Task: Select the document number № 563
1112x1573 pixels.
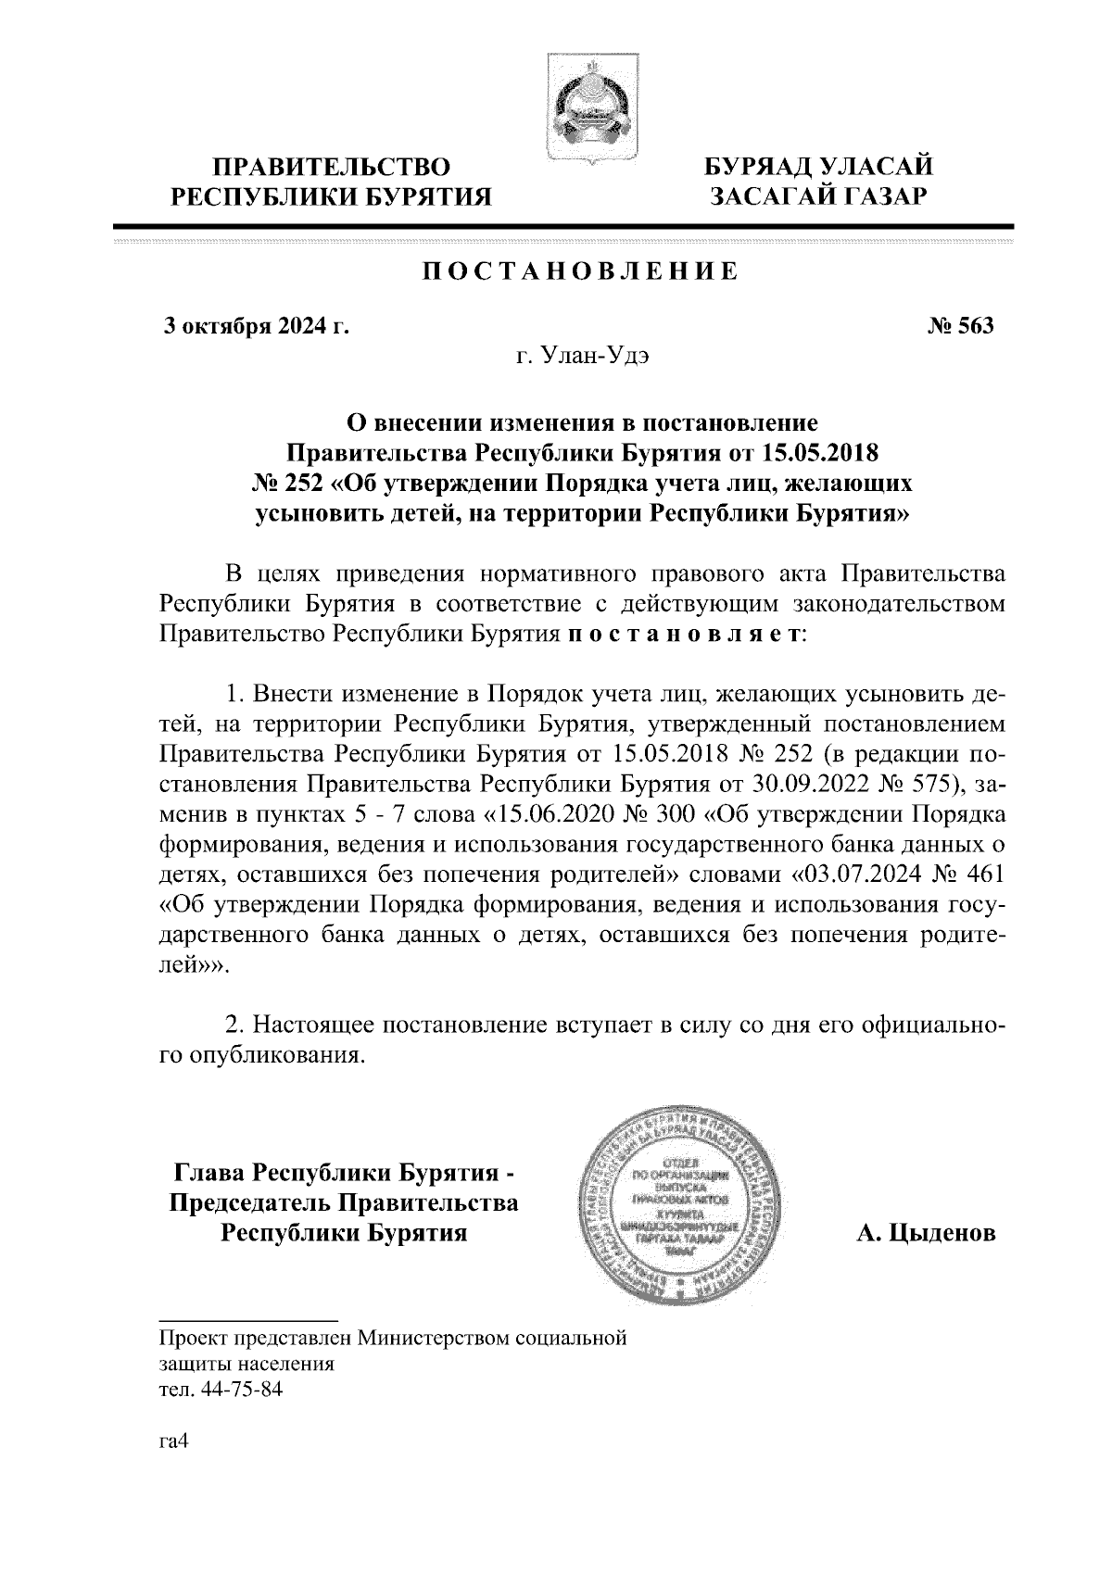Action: coord(960,326)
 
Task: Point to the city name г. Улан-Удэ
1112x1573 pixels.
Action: coord(582,357)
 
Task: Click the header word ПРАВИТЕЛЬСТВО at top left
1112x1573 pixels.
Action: coord(333,168)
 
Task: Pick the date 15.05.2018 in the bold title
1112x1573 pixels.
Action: coord(820,453)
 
